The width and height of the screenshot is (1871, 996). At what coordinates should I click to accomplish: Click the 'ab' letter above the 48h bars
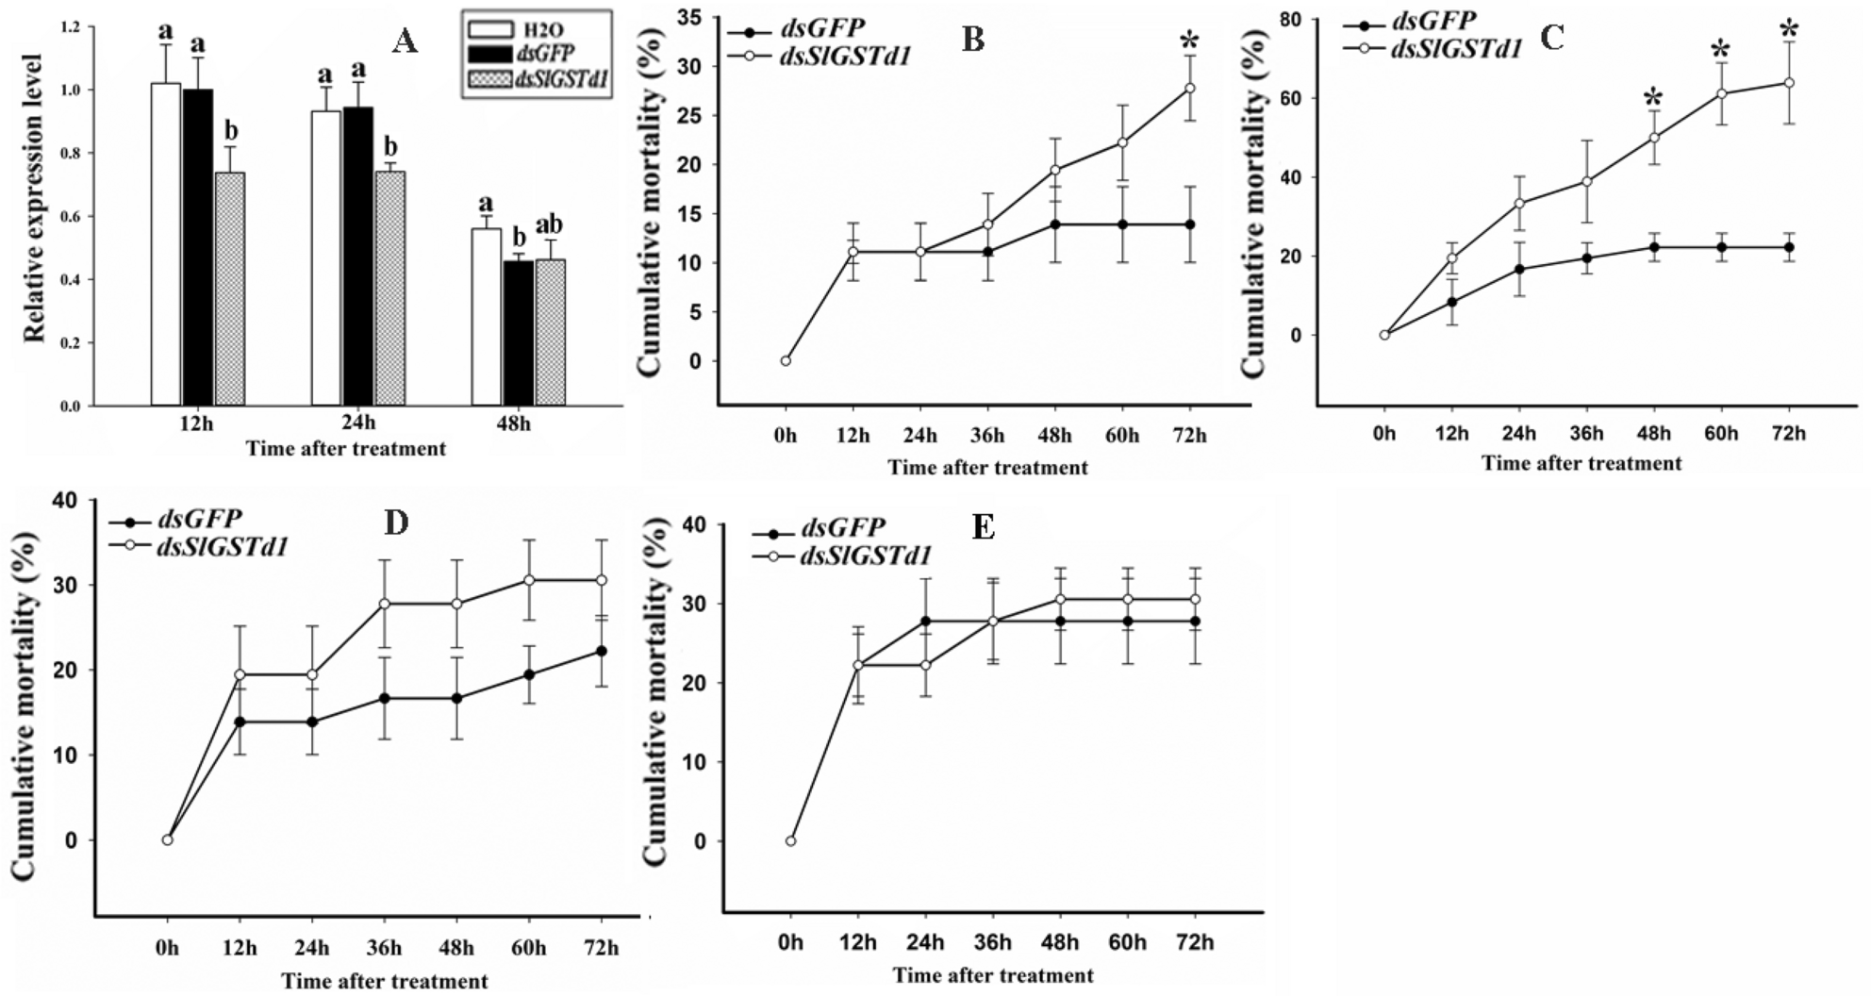(x=549, y=224)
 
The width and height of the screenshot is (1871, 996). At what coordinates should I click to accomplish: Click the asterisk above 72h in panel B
(x=1190, y=41)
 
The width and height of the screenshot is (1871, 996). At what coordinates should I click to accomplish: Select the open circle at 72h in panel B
(x=1190, y=88)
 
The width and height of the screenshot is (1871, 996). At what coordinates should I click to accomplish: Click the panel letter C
(x=1551, y=38)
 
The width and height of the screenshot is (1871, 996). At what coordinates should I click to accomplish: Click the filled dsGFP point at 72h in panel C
(x=1789, y=247)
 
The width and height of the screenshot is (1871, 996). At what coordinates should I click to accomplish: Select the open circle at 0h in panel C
(x=1384, y=335)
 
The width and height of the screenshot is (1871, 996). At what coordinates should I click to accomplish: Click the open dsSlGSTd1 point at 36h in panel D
(x=385, y=603)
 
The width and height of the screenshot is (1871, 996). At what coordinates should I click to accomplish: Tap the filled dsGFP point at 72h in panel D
(x=602, y=651)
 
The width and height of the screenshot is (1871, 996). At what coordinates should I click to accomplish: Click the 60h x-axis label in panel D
(x=529, y=948)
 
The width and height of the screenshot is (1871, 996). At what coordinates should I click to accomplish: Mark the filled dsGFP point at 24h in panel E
(x=926, y=621)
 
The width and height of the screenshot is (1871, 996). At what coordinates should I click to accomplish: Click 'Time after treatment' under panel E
(x=993, y=975)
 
